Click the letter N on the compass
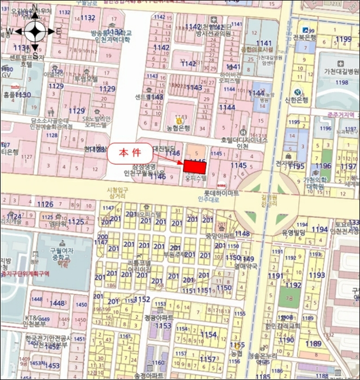coord(34,8)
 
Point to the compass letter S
coord(35,55)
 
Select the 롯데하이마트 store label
coord(221,193)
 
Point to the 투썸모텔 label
coord(86,79)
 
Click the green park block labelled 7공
coord(289,298)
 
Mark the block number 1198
coord(341,83)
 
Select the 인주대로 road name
coord(208,200)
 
